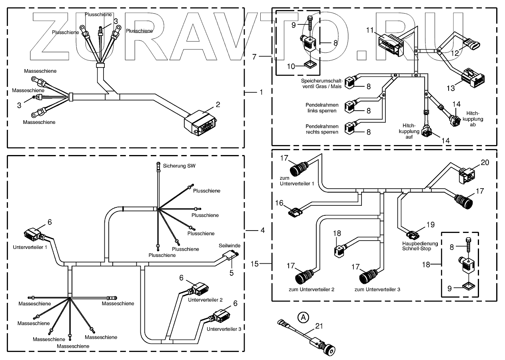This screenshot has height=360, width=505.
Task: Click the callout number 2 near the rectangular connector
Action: point(218,105)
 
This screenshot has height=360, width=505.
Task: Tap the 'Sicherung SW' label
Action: point(179,166)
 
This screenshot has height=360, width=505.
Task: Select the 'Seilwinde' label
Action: point(230,246)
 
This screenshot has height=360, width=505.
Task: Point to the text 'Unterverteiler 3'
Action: point(224,329)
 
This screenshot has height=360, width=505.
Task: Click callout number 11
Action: point(370,30)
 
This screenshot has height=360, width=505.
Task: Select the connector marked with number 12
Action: point(472,43)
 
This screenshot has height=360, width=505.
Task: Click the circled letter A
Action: point(303,317)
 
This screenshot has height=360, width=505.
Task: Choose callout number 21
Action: point(319,326)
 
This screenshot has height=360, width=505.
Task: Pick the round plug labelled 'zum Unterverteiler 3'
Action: point(369,276)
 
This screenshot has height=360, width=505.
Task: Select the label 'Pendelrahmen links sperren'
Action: point(322,108)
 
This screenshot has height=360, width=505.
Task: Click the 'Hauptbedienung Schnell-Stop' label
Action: point(420,246)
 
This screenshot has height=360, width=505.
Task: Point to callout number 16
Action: point(279,203)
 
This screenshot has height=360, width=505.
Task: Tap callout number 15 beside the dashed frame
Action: point(255,264)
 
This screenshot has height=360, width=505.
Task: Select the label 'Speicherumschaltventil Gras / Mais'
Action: point(322,84)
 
